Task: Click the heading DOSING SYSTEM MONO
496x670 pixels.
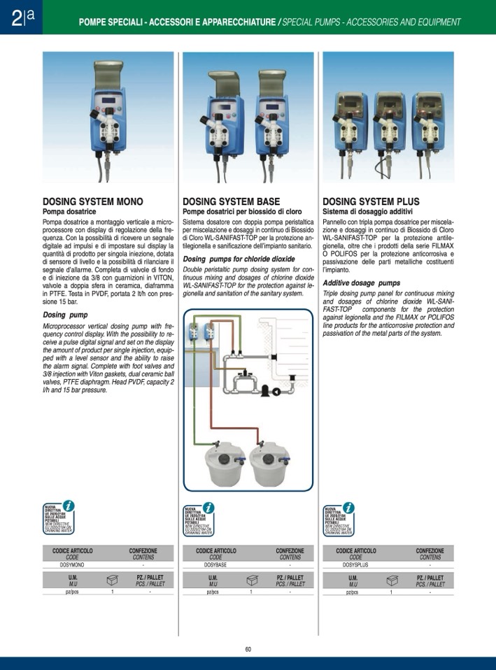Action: tap(92, 201)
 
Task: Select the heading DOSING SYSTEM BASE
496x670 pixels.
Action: tap(231, 201)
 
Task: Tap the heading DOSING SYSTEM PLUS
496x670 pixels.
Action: tap(371, 201)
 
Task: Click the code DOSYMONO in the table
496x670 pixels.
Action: tap(73, 564)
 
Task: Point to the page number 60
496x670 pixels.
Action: tap(248, 649)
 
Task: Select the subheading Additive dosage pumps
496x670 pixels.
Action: tap(362, 283)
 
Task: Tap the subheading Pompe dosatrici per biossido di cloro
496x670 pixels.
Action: tap(242, 211)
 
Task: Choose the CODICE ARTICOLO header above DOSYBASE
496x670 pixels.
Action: tap(215, 551)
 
